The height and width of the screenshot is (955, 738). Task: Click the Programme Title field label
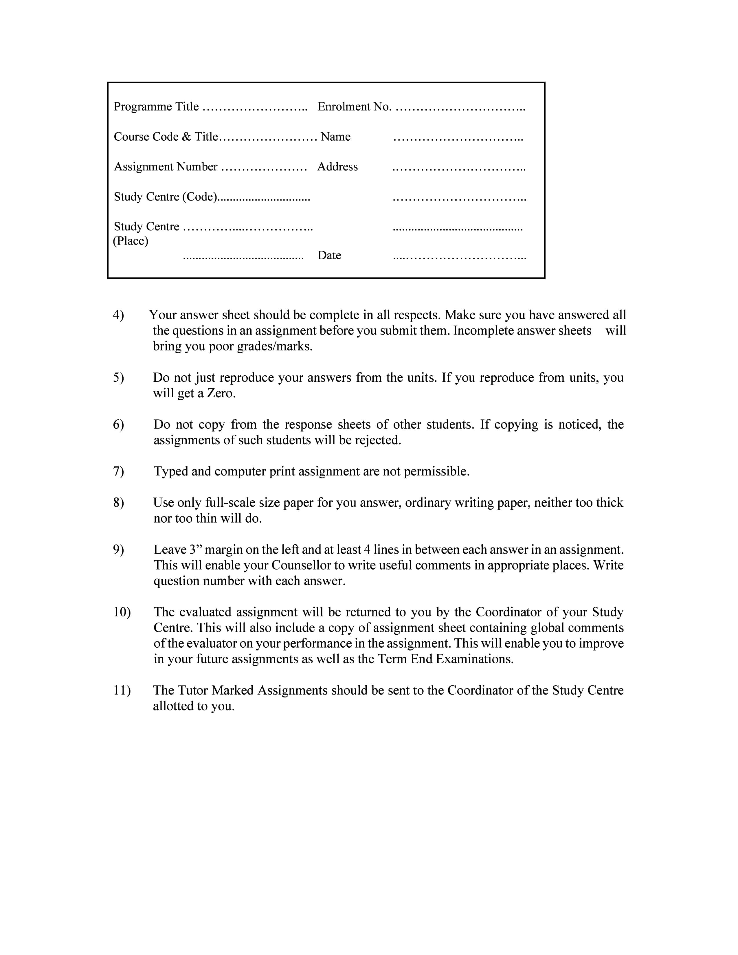(x=156, y=107)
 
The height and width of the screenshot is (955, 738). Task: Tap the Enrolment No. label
(x=354, y=107)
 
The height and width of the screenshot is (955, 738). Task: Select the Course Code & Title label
(x=166, y=137)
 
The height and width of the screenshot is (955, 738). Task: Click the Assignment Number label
(x=166, y=167)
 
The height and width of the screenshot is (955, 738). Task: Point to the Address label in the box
(x=337, y=167)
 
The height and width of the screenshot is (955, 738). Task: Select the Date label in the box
(x=329, y=255)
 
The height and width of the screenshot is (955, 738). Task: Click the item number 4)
(x=118, y=315)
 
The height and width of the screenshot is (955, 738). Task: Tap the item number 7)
(x=118, y=471)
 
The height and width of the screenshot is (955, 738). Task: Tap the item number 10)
(x=122, y=612)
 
